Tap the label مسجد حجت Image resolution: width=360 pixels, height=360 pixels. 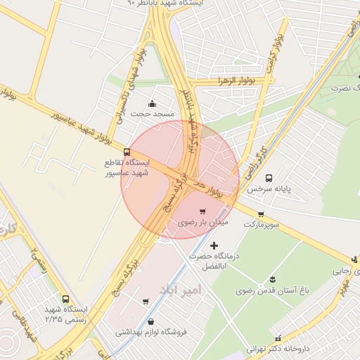(x=150, y=112)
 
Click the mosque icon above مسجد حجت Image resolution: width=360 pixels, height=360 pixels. (x=151, y=103)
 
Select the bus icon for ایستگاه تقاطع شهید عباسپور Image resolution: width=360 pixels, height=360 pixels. (x=127, y=152)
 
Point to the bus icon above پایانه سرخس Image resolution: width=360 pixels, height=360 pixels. (x=269, y=179)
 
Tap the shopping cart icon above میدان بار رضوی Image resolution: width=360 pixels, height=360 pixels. (x=202, y=211)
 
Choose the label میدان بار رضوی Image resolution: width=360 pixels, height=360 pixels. (x=193, y=222)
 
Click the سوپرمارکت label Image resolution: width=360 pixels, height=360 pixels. (x=261, y=224)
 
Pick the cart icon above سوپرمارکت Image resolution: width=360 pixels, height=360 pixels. (x=261, y=214)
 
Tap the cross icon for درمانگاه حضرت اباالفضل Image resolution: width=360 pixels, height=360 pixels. (x=214, y=245)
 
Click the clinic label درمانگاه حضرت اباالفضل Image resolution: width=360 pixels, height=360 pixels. (x=214, y=262)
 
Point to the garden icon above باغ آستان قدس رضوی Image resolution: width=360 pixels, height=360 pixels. (x=273, y=279)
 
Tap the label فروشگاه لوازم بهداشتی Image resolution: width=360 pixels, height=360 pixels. (x=150, y=332)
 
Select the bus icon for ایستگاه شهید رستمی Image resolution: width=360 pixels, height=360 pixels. (x=65, y=300)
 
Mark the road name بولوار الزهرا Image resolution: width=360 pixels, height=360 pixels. (x=236, y=82)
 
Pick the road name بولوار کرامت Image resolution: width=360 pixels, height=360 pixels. (x=275, y=53)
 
